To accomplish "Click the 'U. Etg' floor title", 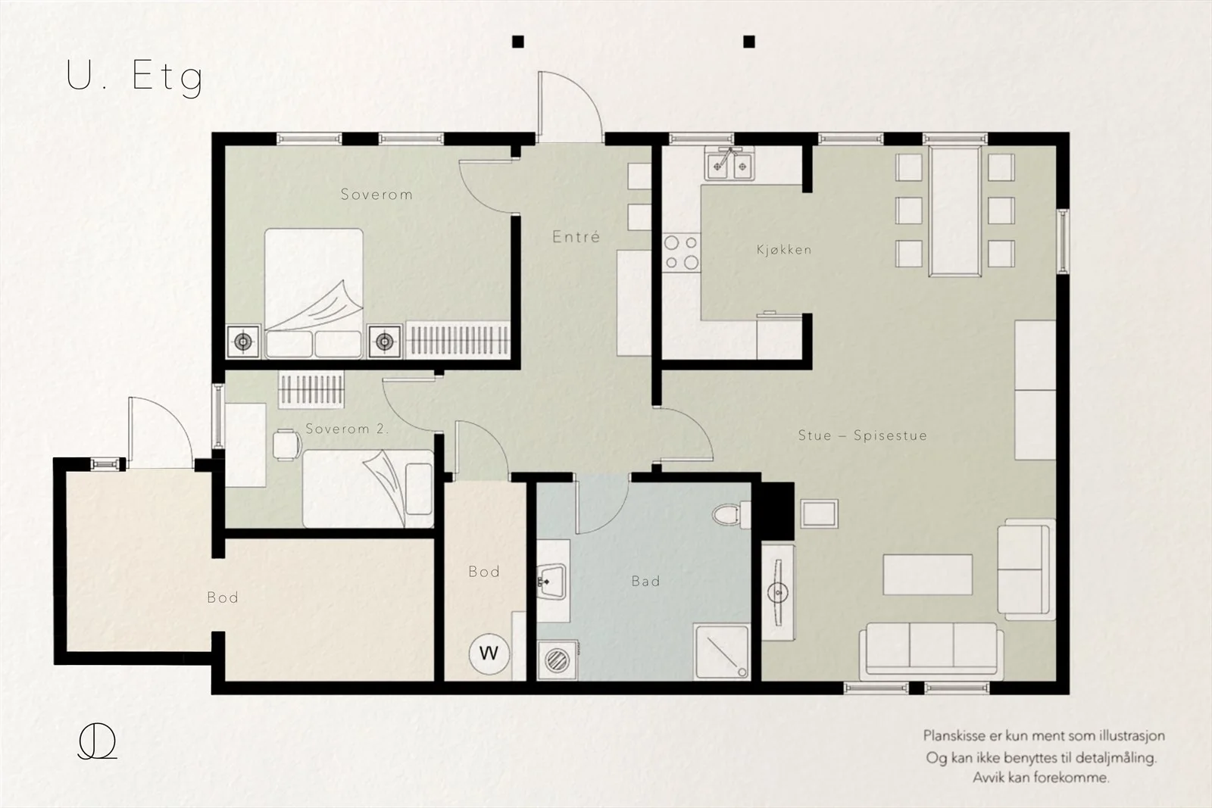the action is point(135,77).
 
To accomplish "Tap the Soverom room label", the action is point(376,195).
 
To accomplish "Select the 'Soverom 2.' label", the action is point(347,429).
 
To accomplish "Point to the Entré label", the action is point(576,237).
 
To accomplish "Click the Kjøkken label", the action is point(784,250).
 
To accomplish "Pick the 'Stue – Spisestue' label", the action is point(863,435).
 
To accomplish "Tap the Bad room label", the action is point(645,582).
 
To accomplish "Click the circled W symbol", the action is point(489,654).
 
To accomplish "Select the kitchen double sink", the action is point(730,163).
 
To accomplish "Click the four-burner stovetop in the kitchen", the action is point(681,253).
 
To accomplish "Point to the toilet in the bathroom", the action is point(731,515).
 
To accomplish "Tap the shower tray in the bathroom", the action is point(722,652).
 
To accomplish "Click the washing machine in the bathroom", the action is point(558,660).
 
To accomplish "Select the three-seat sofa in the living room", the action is point(931,650).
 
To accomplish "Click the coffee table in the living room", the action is point(927,574).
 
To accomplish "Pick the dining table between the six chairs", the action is point(955,211).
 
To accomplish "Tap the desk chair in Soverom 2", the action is point(287,445).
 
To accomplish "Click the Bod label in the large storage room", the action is point(223,597).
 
